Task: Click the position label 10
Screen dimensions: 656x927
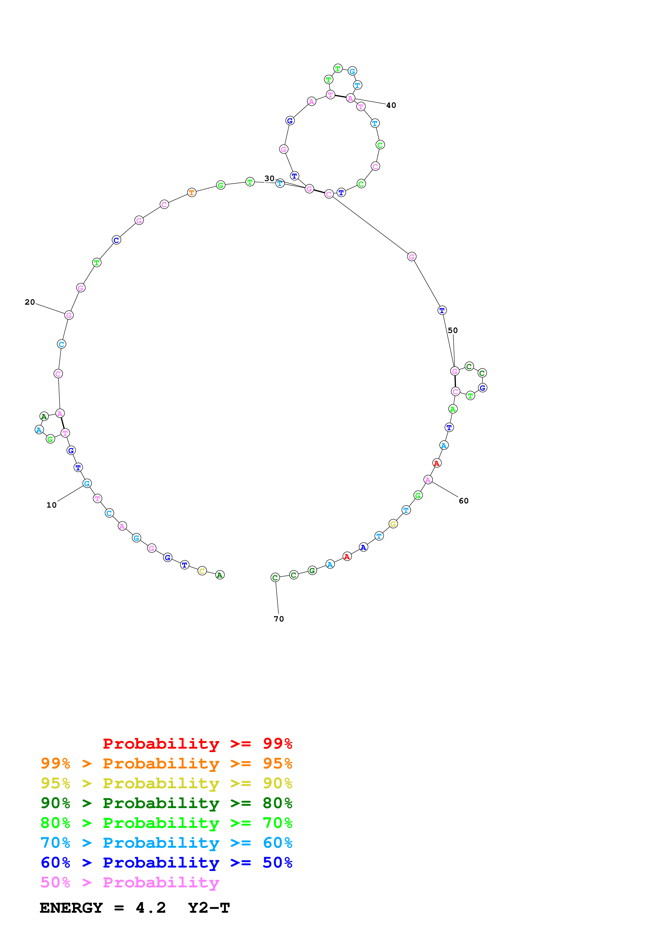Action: tap(51, 505)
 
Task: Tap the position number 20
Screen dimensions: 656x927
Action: tap(30, 302)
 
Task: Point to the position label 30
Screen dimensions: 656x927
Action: tap(269, 178)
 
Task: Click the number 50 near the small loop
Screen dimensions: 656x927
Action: tap(453, 330)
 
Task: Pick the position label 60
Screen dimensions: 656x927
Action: tap(464, 501)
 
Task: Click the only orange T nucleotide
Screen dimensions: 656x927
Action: tap(192, 193)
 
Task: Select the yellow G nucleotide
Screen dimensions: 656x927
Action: tap(393, 524)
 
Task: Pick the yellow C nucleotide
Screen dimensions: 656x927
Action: tap(202, 571)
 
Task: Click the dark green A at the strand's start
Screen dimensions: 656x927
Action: tap(220, 575)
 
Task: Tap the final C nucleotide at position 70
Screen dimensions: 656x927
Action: tap(275, 578)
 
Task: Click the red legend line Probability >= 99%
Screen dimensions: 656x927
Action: tap(197, 743)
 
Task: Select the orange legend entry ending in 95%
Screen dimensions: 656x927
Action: tap(166, 763)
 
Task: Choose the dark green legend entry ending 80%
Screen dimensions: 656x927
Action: tap(166, 803)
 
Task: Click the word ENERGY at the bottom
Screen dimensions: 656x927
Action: tap(71, 908)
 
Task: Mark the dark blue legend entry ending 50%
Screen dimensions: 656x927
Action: tap(166, 863)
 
